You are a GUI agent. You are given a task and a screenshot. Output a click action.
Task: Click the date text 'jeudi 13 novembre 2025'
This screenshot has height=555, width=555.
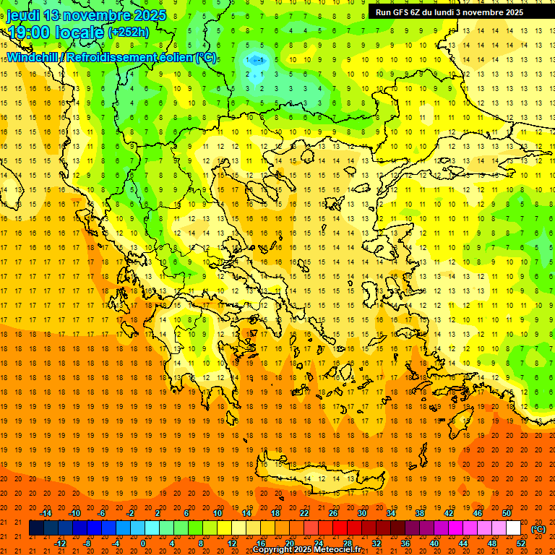click(x=86, y=15)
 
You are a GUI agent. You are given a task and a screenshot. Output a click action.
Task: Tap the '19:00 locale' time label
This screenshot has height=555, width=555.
click(x=54, y=32)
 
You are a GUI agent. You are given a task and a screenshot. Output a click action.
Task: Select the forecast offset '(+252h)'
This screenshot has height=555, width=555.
click(x=129, y=33)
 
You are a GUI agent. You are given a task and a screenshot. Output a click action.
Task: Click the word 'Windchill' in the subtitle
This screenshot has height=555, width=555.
click(x=30, y=57)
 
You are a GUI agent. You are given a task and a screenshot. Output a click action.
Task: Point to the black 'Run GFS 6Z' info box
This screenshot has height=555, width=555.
click(x=460, y=12)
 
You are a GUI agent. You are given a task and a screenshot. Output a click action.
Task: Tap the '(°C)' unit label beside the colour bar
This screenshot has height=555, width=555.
click(x=538, y=529)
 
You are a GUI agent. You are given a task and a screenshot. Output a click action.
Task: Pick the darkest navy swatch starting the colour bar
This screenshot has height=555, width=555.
click(x=36, y=528)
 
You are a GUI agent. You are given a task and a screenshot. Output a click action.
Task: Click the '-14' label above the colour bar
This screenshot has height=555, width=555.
click(x=46, y=513)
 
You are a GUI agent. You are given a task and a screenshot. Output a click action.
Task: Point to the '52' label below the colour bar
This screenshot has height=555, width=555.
click(x=521, y=543)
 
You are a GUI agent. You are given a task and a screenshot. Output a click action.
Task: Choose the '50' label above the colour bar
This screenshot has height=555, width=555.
click(x=507, y=513)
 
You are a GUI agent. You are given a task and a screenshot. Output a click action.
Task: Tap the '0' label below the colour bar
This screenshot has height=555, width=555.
click(x=143, y=543)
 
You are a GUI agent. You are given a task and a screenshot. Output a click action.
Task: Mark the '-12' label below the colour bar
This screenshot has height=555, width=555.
click(x=60, y=543)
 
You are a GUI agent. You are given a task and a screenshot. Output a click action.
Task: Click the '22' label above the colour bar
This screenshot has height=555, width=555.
click(x=304, y=513)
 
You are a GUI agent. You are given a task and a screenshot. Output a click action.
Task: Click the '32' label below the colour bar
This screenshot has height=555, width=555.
click(x=377, y=543)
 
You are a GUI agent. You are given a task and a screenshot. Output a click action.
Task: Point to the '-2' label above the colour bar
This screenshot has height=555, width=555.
click(x=131, y=513)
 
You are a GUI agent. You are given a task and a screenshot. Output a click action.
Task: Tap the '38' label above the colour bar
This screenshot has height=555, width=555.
click(x=420, y=513)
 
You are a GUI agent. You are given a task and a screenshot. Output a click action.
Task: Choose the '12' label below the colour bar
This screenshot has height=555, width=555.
click(x=232, y=543)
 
